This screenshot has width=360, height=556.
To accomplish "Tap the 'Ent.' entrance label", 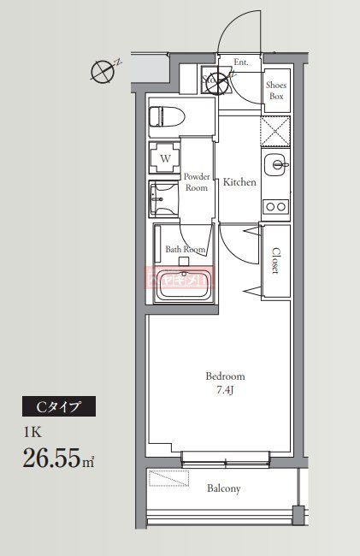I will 241,62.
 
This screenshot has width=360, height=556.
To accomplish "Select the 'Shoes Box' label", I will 275,91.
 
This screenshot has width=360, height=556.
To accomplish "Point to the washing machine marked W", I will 165,158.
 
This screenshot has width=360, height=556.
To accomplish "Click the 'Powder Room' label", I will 197,181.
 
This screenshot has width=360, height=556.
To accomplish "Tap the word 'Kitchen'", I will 239,182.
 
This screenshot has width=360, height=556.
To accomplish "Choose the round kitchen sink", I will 275,165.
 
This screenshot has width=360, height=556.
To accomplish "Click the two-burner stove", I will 275,206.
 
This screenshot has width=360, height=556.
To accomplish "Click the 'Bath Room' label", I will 185,250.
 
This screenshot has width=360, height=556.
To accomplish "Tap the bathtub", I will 185,284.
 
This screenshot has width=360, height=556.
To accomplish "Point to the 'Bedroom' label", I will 226,376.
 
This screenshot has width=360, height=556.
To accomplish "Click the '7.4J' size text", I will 226,390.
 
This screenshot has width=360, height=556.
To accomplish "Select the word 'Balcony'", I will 224,489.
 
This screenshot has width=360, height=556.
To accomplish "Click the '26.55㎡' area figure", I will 58,459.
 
